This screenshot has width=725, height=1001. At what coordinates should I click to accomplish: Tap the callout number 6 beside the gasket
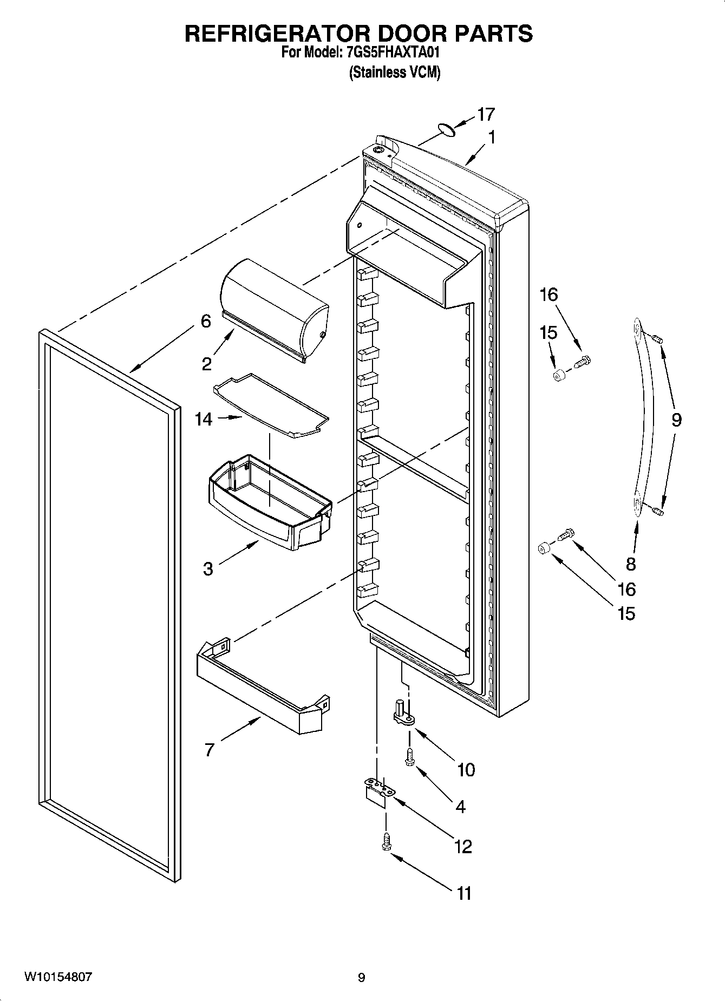206,321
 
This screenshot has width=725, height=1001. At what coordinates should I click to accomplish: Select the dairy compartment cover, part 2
273,306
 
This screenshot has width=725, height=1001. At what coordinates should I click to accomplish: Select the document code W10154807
58,977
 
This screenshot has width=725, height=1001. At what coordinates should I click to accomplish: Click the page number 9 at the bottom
361,978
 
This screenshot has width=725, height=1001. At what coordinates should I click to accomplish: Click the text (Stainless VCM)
394,72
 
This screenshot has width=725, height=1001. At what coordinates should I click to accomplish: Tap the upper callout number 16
548,295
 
